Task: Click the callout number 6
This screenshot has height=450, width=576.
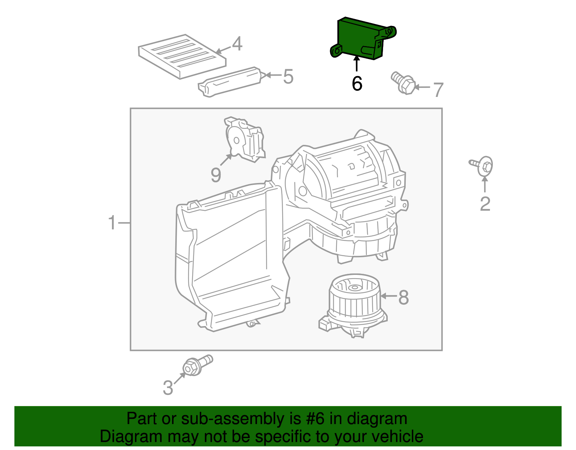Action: (x=357, y=84)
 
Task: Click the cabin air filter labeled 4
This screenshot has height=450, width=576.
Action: (x=182, y=56)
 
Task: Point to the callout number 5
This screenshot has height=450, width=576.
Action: (x=288, y=77)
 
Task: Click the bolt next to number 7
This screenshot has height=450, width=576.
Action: (x=403, y=83)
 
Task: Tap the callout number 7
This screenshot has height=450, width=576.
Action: (x=438, y=90)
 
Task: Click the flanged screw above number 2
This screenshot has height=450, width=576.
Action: (x=483, y=166)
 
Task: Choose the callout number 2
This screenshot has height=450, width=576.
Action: (x=485, y=204)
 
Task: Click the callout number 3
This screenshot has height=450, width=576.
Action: (x=168, y=388)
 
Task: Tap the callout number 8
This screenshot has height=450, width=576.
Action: (x=404, y=298)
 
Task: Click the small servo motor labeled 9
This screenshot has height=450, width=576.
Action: (x=245, y=139)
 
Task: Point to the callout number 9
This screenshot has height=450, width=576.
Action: (x=216, y=175)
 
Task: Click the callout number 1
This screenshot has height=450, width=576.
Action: (x=112, y=223)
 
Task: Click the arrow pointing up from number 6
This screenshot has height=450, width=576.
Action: (x=356, y=65)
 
